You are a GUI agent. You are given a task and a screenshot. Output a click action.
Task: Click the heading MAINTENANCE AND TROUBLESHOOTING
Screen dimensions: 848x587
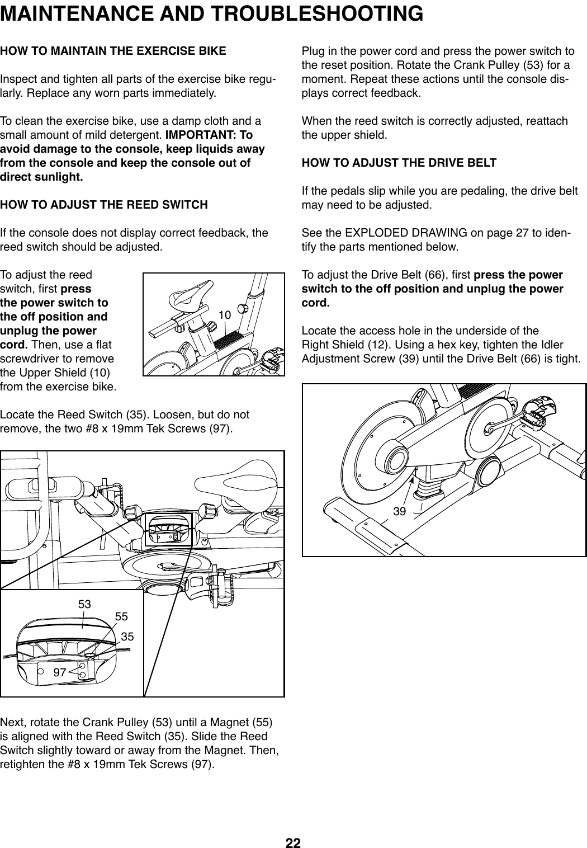click(212, 13)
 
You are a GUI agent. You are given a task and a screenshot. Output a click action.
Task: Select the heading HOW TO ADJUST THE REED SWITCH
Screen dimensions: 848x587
click(104, 205)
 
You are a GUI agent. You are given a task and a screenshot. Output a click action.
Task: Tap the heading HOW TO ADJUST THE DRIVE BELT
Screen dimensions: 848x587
click(399, 163)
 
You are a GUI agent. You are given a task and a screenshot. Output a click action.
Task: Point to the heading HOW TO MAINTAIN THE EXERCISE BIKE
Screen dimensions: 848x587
click(113, 52)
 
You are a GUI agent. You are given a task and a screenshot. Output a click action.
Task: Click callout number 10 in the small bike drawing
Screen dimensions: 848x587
click(224, 315)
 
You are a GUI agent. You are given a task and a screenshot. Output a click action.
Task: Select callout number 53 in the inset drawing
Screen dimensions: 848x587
click(84, 605)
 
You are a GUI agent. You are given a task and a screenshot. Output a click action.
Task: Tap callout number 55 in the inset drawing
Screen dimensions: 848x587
click(121, 616)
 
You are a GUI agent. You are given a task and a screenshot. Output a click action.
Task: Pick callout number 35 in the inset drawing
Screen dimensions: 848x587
click(127, 637)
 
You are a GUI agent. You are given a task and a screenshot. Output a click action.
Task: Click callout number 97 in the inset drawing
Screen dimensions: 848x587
click(60, 672)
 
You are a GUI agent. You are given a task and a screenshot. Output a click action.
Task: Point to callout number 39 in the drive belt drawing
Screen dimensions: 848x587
click(399, 511)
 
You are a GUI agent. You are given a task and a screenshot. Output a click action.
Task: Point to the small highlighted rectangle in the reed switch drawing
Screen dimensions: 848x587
click(168, 529)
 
